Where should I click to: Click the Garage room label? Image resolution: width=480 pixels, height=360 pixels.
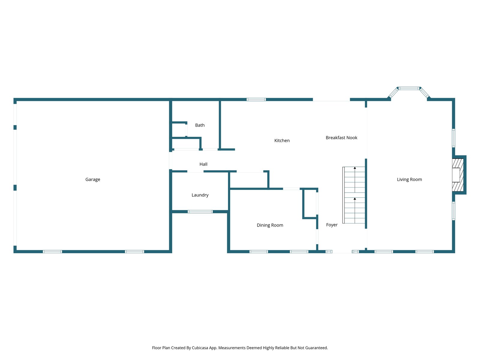click(x=93, y=179)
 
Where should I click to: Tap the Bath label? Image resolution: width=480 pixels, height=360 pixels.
click(x=200, y=125)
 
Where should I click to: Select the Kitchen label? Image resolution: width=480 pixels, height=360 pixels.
click(x=282, y=140)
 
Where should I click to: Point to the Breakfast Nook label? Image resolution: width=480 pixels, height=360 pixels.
click(x=341, y=138)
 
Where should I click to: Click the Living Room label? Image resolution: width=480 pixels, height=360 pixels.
click(x=409, y=179)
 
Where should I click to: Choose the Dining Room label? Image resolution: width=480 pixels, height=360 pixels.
click(x=270, y=225)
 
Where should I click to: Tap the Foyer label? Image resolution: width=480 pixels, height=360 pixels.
click(x=332, y=225)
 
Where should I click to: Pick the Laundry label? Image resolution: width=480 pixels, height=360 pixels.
click(x=200, y=195)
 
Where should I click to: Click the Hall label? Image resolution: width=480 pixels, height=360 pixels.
click(x=203, y=164)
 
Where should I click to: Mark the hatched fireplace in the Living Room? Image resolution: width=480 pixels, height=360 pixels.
click(x=458, y=175)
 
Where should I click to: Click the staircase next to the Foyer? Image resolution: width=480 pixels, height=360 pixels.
click(x=354, y=195)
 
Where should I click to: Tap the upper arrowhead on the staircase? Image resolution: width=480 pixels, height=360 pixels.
click(x=355, y=168)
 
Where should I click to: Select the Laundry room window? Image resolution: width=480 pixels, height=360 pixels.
click(x=200, y=211)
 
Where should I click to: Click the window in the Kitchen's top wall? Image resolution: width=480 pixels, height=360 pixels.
click(x=256, y=99)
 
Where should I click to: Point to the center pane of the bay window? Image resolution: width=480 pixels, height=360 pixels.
click(x=409, y=88)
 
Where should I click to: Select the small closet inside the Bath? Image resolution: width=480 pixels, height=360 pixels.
click(x=179, y=130)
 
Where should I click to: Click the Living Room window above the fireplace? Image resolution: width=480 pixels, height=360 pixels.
click(x=454, y=138)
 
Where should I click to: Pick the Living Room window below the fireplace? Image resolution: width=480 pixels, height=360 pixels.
click(x=454, y=211)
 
